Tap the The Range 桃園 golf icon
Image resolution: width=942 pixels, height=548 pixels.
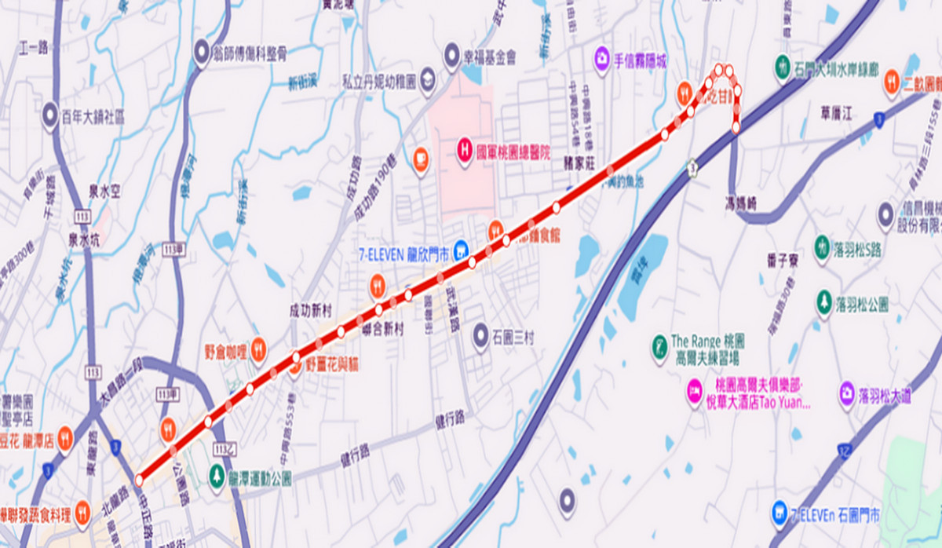[659, 343]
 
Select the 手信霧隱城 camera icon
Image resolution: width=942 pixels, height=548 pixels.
[602, 58]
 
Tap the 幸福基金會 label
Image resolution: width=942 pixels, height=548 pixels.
[490, 57]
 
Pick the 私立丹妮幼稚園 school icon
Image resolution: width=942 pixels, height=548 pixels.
[427, 81]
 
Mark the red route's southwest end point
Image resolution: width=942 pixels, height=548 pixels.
[139, 480]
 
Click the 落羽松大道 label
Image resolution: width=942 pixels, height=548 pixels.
[885, 397]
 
